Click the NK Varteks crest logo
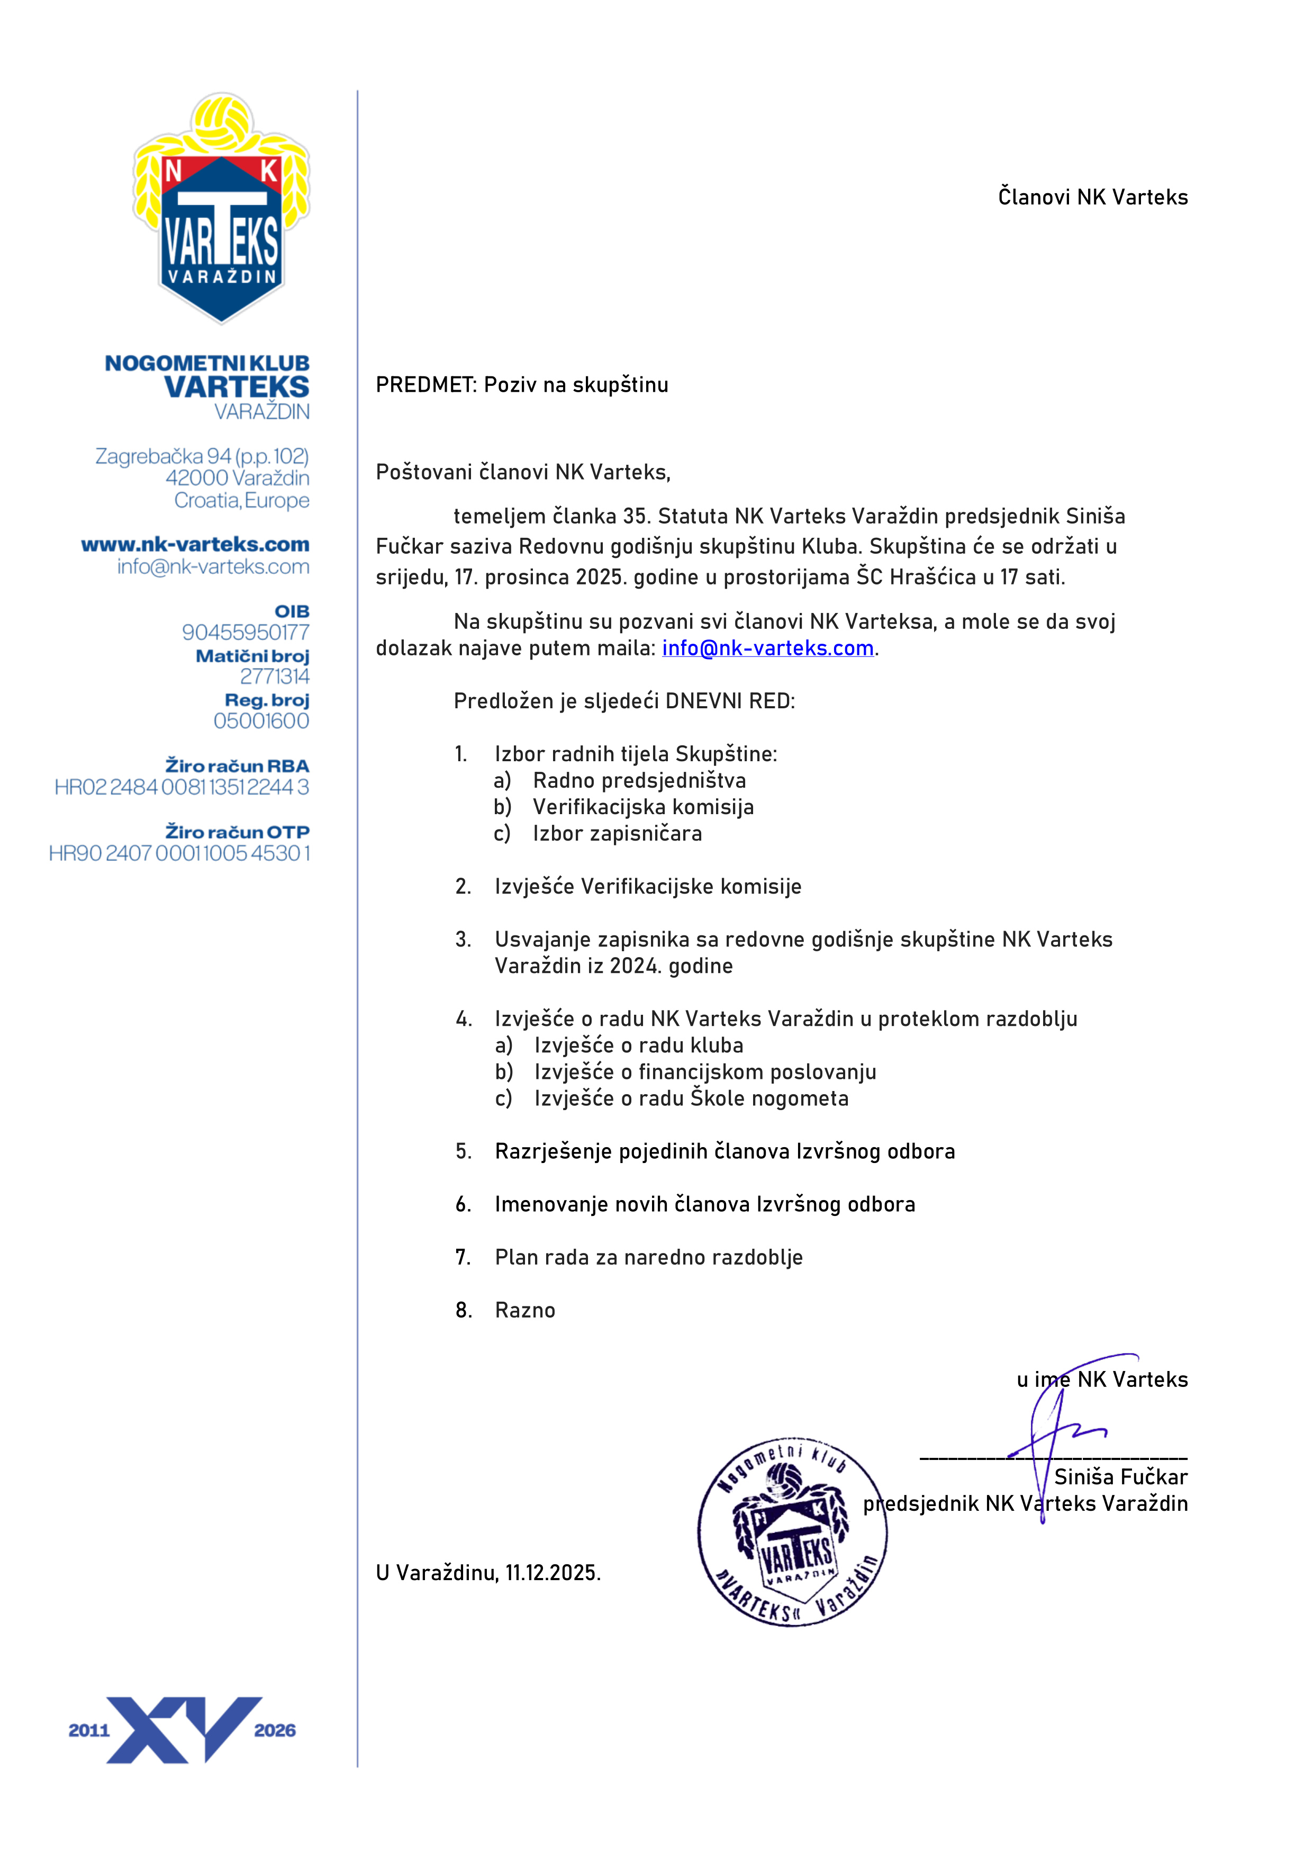(x=222, y=208)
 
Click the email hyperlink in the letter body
(x=767, y=648)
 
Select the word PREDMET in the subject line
(x=425, y=385)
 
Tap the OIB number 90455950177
(x=245, y=633)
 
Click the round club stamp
(x=792, y=1531)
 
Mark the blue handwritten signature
(x=1059, y=1431)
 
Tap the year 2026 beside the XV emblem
(x=275, y=1730)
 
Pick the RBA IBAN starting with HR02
(x=182, y=787)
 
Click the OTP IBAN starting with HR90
(x=179, y=853)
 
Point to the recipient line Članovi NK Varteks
(x=1092, y=197)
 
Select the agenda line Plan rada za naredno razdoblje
(x=648, y=1258)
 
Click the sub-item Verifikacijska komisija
(x=643, y=807)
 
